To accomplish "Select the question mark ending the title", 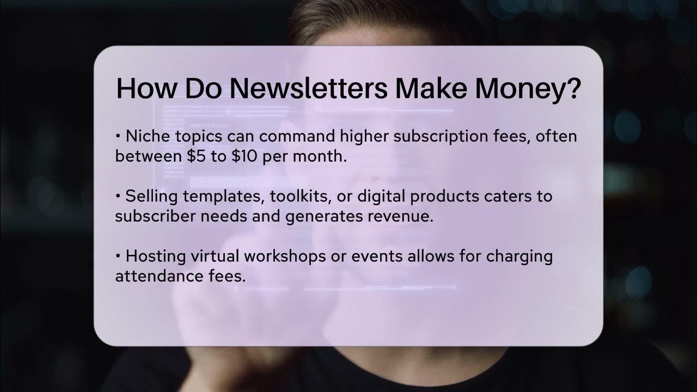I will [x=571, y=88].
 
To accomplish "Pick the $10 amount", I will [x=245, y=156].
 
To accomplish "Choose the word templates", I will [x=217, y=196].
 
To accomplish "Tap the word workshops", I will [x=279, y=256].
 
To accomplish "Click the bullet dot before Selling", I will [x=118, y=196].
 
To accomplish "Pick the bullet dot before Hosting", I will [x=118, y=256].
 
